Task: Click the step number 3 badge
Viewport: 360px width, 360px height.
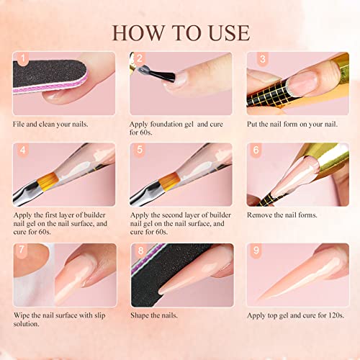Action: coord(254,60)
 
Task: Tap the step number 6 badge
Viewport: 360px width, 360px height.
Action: coord(254,152)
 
